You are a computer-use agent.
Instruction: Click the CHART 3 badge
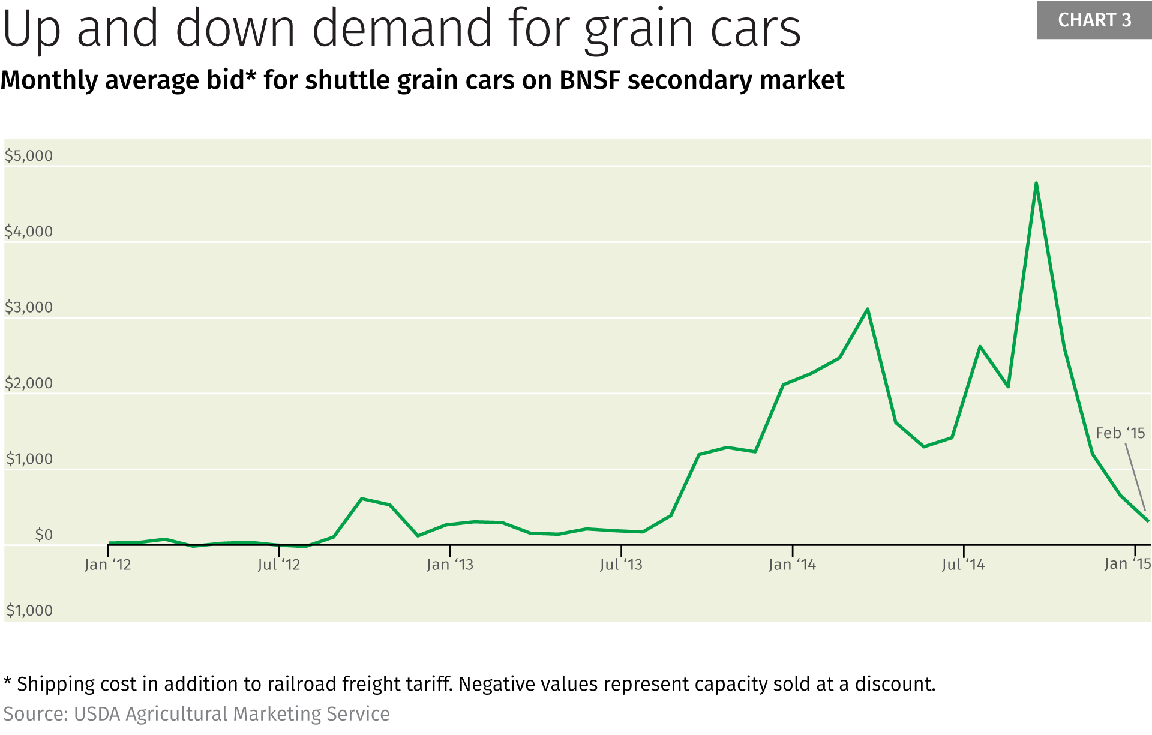[1094, 20]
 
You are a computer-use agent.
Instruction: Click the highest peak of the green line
[1036, 183]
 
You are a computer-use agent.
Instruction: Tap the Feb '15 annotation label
[1120, 433]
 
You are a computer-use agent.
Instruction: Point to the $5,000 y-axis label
[29, 156]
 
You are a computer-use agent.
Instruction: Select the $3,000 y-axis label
[29, 307]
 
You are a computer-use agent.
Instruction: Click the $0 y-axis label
[43, 535]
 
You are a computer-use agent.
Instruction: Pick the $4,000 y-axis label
[29, 232]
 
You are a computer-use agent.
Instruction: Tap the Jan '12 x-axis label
[107, 565]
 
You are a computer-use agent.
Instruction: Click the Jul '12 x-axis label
[278, 565]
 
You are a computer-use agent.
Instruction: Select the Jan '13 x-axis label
[449, 565]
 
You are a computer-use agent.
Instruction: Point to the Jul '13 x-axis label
[621, 565]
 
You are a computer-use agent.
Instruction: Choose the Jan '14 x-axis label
[792, 565]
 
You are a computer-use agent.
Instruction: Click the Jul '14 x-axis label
[963, 565]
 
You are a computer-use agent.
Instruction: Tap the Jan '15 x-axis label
[1127, 564]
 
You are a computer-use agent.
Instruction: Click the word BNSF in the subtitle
[589, 80]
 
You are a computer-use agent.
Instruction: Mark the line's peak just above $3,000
[868, 309]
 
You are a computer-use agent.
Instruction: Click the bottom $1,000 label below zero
[29, 611]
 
